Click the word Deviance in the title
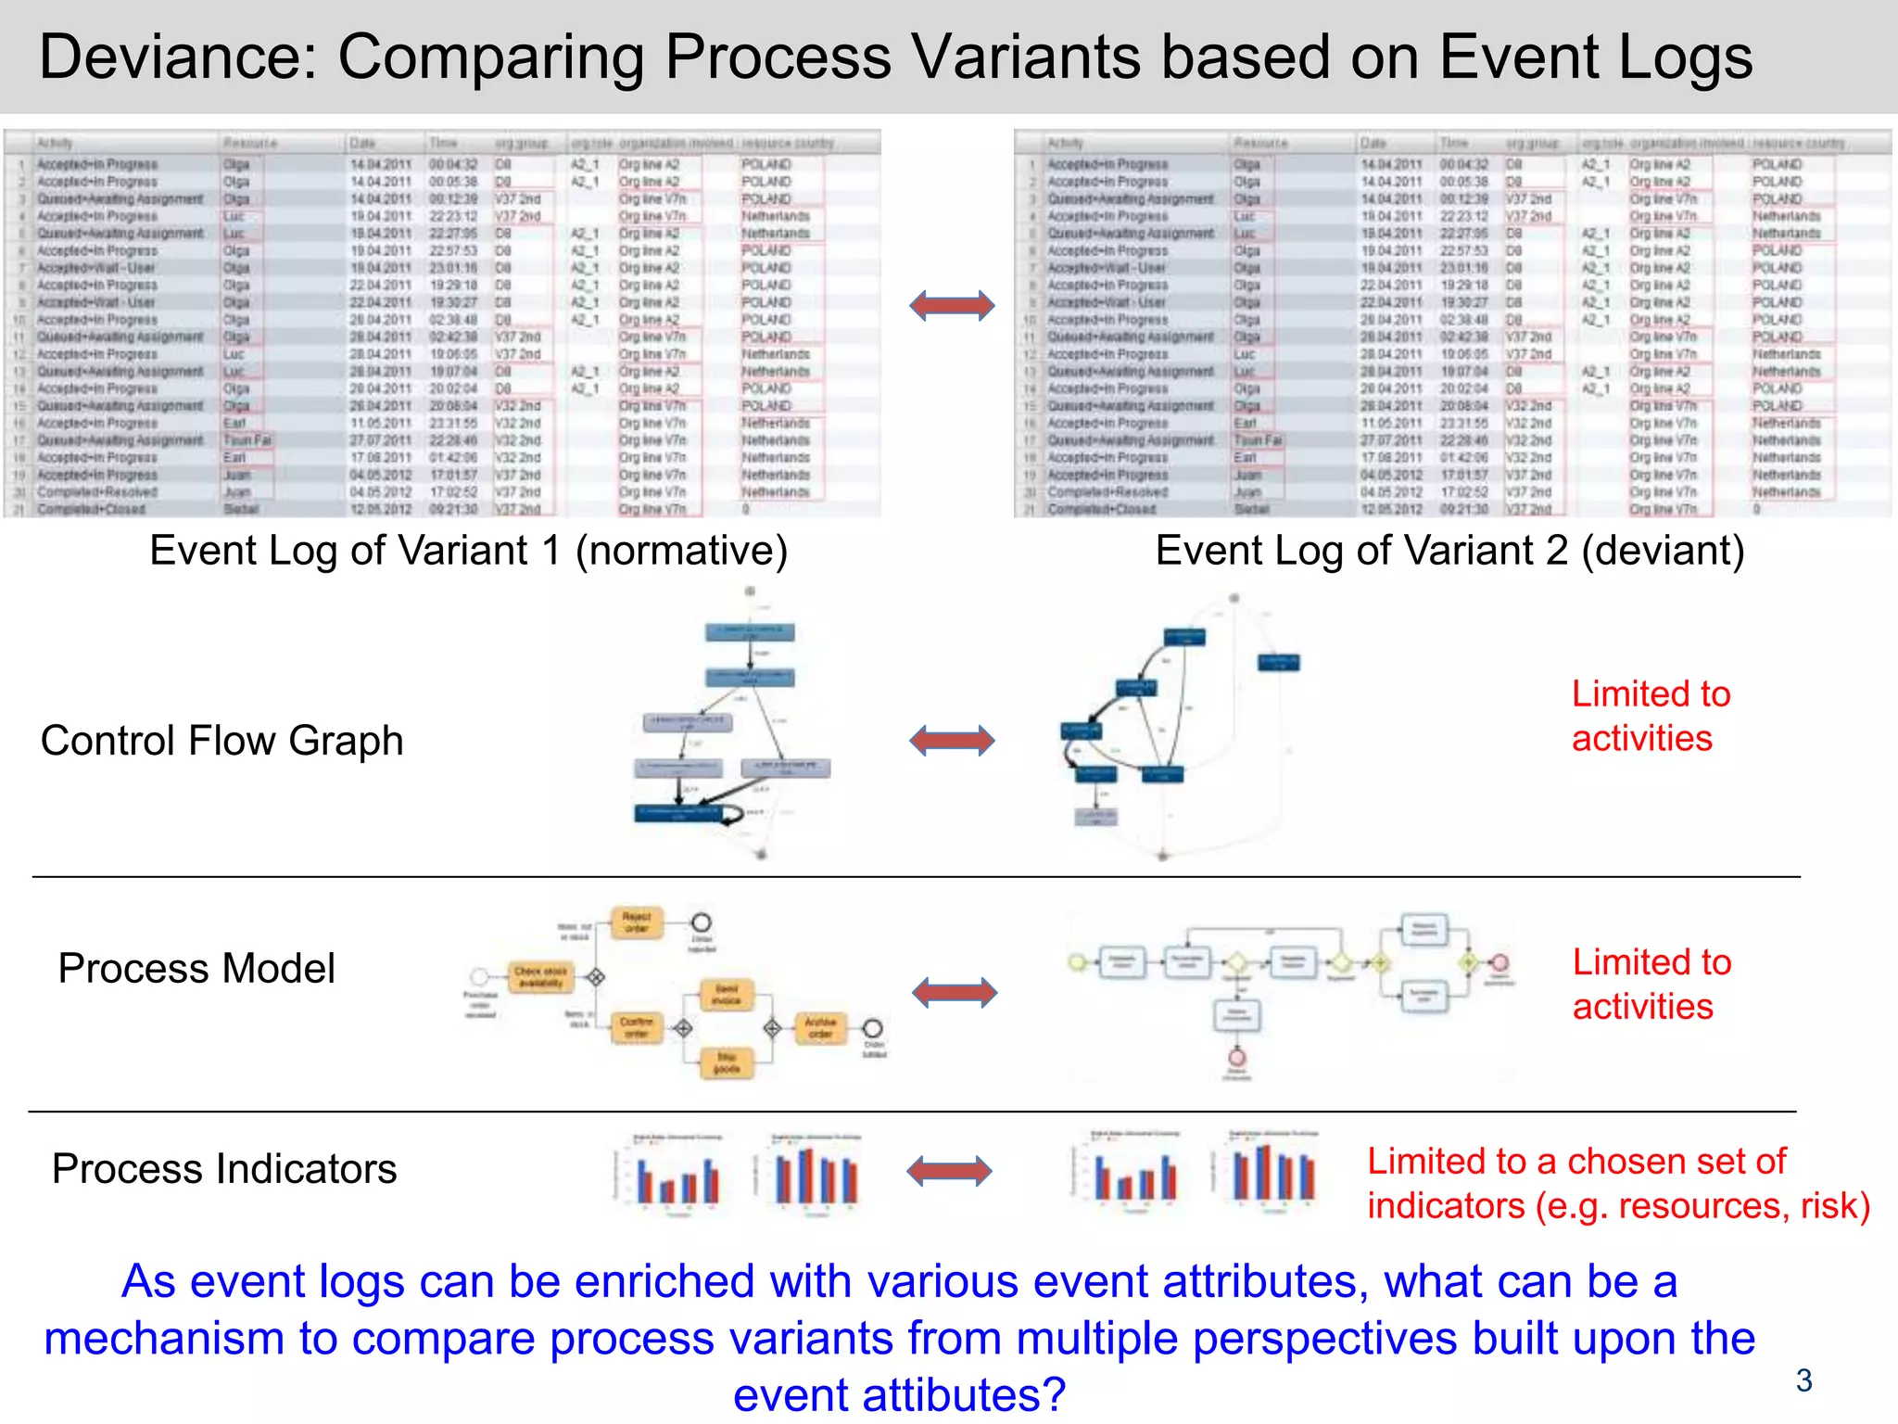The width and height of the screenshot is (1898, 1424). [x=176, y=57]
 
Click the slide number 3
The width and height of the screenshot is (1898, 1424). [x=1803, y=1380]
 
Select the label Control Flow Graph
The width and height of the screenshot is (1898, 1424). [x=221, y=741]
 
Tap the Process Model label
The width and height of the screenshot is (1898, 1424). [x=196, y=968]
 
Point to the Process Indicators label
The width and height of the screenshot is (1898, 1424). [x=223, y=1168]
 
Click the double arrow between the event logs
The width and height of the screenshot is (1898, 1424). [x=952, y=305]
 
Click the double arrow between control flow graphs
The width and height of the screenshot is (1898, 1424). [x=952, y=741]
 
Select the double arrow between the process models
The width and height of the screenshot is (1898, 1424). [x=955, y=992]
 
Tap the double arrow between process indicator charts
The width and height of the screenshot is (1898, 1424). [x=949, y=1171]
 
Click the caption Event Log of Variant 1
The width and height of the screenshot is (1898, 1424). [x=468, y=551]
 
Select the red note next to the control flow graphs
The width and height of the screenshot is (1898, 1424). [x=1650, y=716]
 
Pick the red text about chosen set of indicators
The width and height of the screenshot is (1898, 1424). [x=1617, y=1184]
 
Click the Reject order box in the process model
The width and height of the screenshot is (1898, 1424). [x=637, y=922]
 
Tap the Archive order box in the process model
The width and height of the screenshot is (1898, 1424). [x=820, y=1027]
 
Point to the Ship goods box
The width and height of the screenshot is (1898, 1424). [x=726, y=1062]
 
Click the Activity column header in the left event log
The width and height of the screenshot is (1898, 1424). [x=55, y=143]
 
